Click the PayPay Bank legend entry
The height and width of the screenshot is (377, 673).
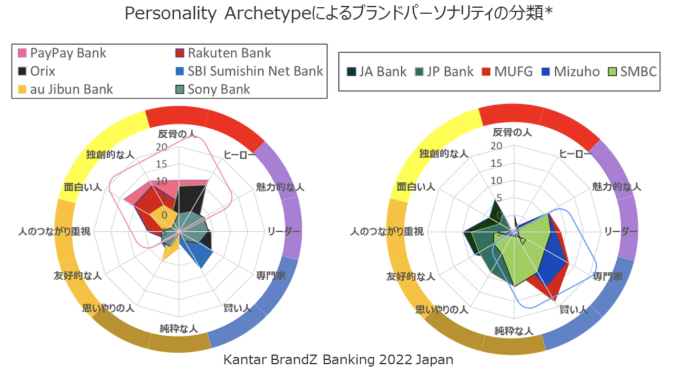[x=62, y=53]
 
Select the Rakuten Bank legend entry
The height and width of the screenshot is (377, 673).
[x=223, y=53]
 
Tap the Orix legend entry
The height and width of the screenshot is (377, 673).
[x=37, y=71]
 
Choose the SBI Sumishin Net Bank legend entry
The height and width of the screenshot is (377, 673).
[x=249, y=71]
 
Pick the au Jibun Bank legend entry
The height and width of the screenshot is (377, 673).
[x=65, y=89]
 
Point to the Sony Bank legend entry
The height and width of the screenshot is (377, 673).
[x=212, y=89]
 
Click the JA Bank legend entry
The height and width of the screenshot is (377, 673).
[x=376, y=72]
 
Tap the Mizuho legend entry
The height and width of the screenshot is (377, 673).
[x=570, y=72]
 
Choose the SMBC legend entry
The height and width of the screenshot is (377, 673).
[x=632, y=72]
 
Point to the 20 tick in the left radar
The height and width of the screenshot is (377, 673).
[x=161, y=147]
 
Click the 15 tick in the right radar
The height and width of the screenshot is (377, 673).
[x=496, y=163]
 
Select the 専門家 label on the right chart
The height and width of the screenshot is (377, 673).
[x=607, y=277]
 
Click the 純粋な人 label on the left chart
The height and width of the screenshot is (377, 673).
[x=179, y=329]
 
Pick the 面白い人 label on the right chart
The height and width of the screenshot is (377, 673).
[x=416, y=187]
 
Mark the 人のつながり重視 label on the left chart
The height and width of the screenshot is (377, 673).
[x=54, y=231]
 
